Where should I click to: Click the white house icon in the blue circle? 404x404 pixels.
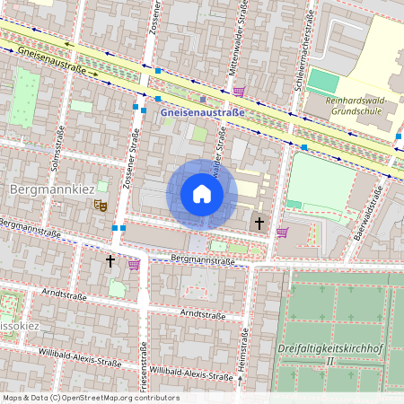click(202, 193)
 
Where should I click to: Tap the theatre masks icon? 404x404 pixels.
click(101, 206)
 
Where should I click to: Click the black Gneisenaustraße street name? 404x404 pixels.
click(50, 60)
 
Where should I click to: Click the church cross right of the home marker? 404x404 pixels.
click(259, 222)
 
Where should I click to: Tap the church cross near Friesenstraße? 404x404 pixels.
click(110, 260)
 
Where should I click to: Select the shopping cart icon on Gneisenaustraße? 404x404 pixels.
click(238, 91)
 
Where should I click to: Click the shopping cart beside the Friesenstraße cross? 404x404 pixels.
click(134, 264)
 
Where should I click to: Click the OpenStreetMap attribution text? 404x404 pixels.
click(90, 397)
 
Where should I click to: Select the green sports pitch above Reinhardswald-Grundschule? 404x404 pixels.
click(323, 81)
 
